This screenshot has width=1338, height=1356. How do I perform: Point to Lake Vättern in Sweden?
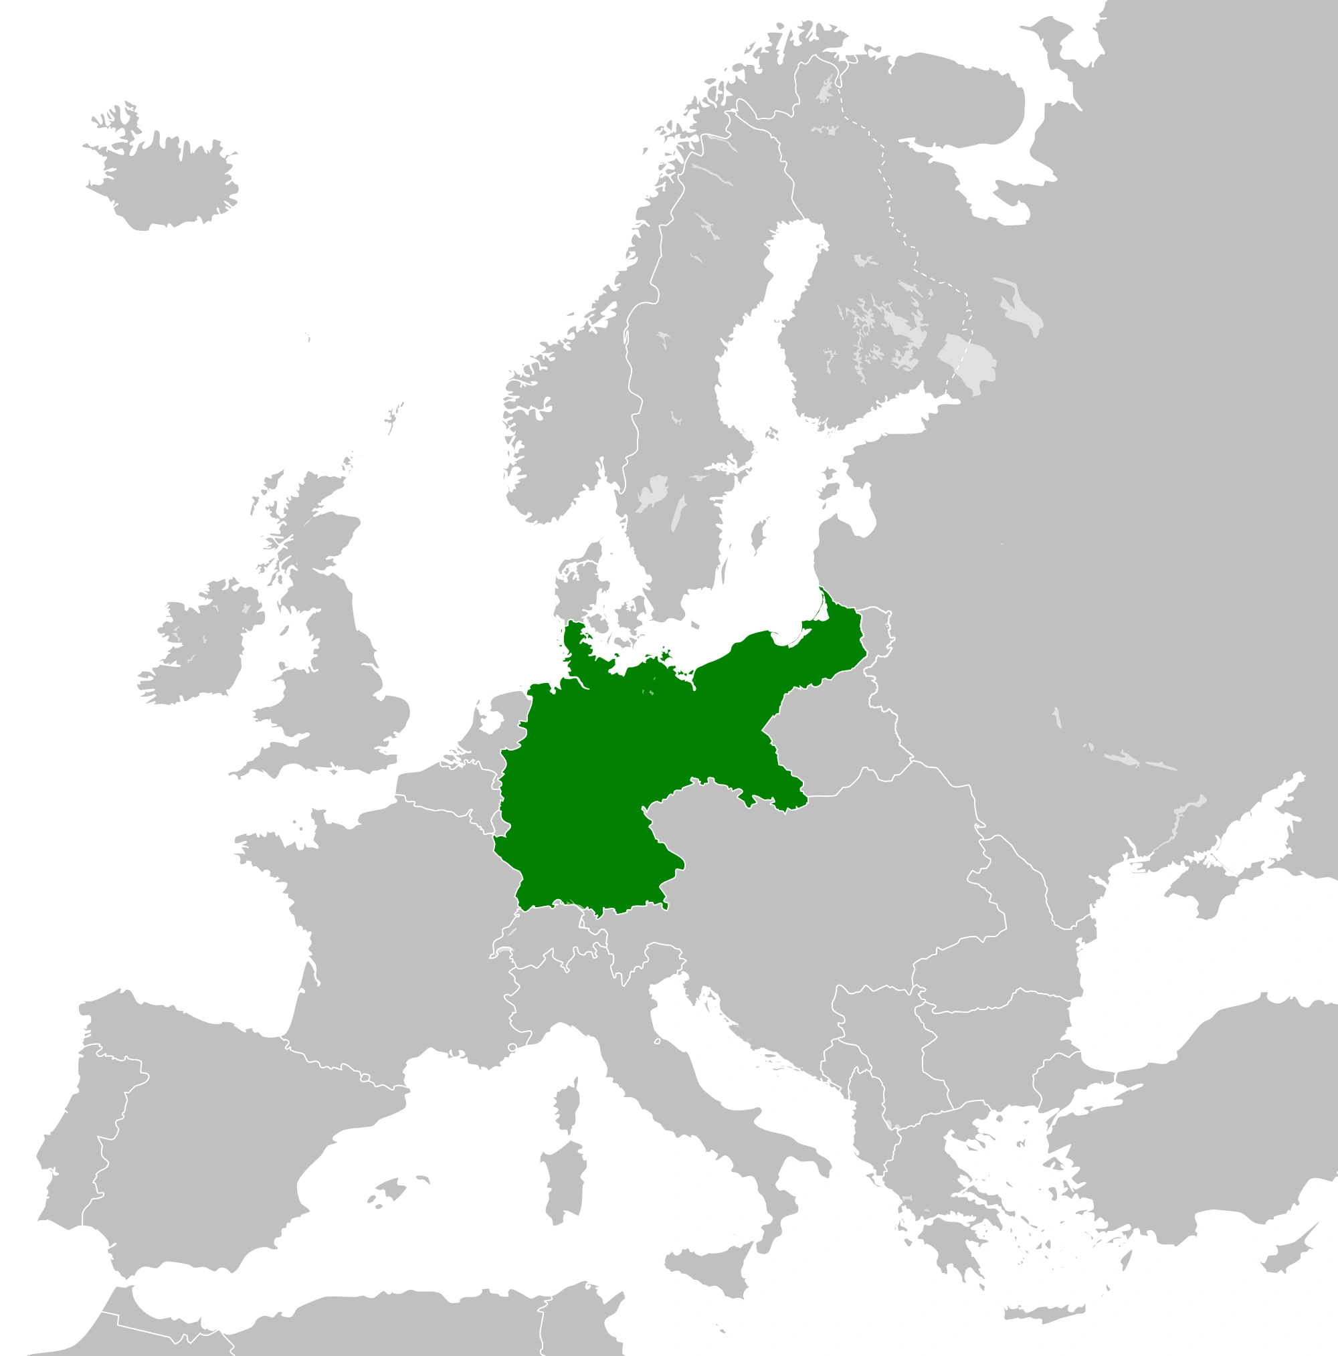[x=678, y=512]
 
